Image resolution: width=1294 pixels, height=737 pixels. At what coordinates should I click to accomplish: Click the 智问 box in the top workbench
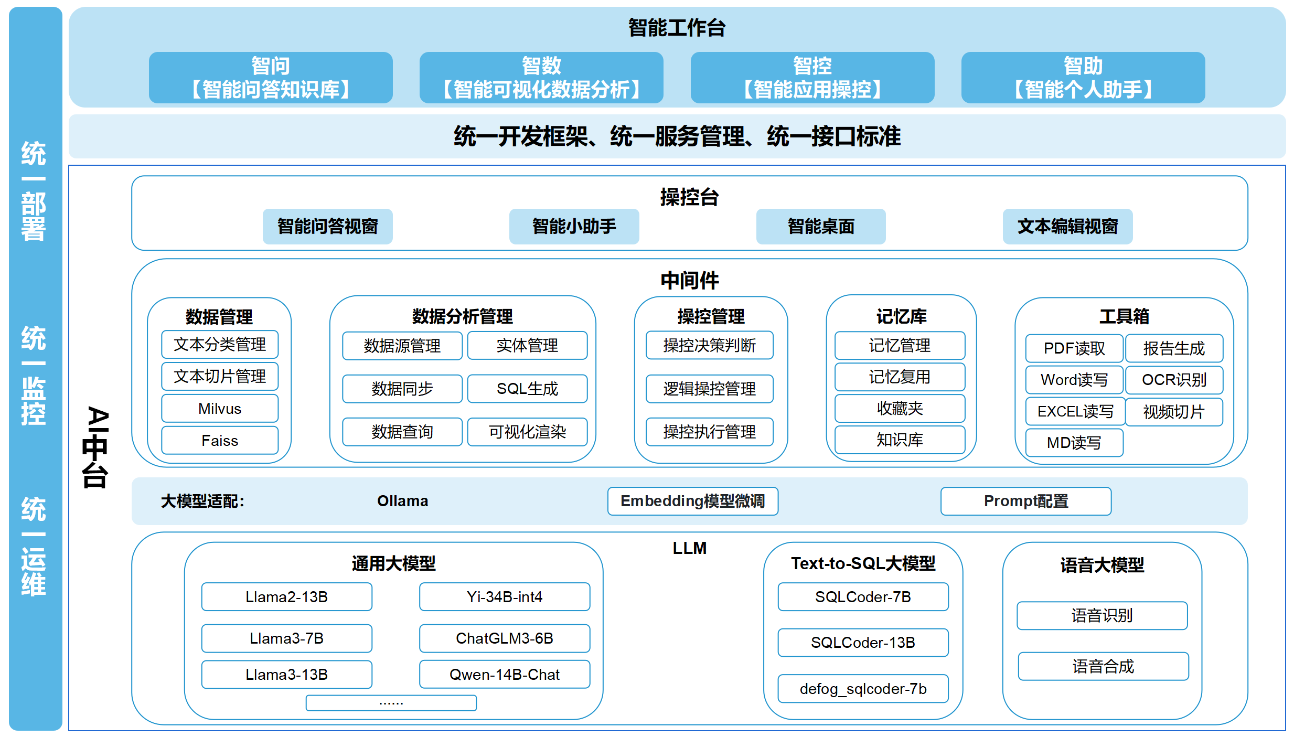tap(271, 78)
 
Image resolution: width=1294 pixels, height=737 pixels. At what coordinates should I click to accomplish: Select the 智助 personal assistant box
tap(1083, 78)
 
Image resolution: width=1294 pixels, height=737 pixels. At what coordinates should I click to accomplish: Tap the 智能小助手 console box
tap(574, 227)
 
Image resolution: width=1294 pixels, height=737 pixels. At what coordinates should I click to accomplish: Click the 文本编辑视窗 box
tap(1067, 227)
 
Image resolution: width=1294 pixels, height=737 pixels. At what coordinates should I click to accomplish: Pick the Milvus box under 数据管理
tap(220, 409)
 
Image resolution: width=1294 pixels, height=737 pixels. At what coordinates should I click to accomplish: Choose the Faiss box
tap(220, 441)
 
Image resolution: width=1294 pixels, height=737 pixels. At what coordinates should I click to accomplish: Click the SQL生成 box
tap(527, 389)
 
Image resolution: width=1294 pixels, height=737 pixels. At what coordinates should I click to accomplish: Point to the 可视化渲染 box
tap(527, 432)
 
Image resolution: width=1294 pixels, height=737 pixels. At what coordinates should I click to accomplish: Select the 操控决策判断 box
tap(709, 345)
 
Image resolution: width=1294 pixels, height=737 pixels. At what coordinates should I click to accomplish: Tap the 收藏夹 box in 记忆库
tap(900, 409)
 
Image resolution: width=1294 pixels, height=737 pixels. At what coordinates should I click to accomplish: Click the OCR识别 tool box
tap(1174, 380)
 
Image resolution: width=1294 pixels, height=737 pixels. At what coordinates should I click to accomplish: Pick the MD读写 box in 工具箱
tap(1074, 443)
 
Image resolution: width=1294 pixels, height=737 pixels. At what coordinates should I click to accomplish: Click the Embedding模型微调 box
tap(692, 501)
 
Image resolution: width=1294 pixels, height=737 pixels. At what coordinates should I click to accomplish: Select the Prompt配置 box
tap(1025, 501)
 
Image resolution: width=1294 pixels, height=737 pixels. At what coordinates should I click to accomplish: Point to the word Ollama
tap(402, 501)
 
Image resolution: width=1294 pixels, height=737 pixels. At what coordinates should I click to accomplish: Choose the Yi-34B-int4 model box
tap(504, 597)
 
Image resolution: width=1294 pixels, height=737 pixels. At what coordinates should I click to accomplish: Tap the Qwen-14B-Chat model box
tap(504, 675)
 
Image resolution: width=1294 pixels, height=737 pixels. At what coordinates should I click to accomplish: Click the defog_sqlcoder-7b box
tap(863, 689)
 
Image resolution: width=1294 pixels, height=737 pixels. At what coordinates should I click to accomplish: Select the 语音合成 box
tap(1103, 667)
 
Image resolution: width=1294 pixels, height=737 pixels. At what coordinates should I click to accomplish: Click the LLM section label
tap(689, 548)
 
